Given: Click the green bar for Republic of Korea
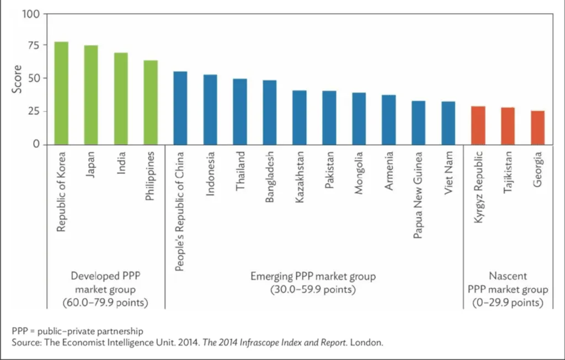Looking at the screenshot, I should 61,93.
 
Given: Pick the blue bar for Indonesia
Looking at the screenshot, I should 210,109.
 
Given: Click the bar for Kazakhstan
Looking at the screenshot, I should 300,117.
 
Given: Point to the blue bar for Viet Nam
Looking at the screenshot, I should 449,123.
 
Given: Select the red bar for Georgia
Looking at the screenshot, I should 538,128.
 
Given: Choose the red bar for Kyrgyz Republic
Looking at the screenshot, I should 478,125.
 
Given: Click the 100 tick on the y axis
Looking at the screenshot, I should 31,14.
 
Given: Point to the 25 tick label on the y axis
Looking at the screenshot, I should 34,112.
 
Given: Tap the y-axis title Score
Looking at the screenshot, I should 17,79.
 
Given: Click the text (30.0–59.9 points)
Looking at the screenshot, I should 313,289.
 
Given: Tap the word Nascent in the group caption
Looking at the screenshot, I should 508,275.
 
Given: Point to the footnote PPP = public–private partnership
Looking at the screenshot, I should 77,331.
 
